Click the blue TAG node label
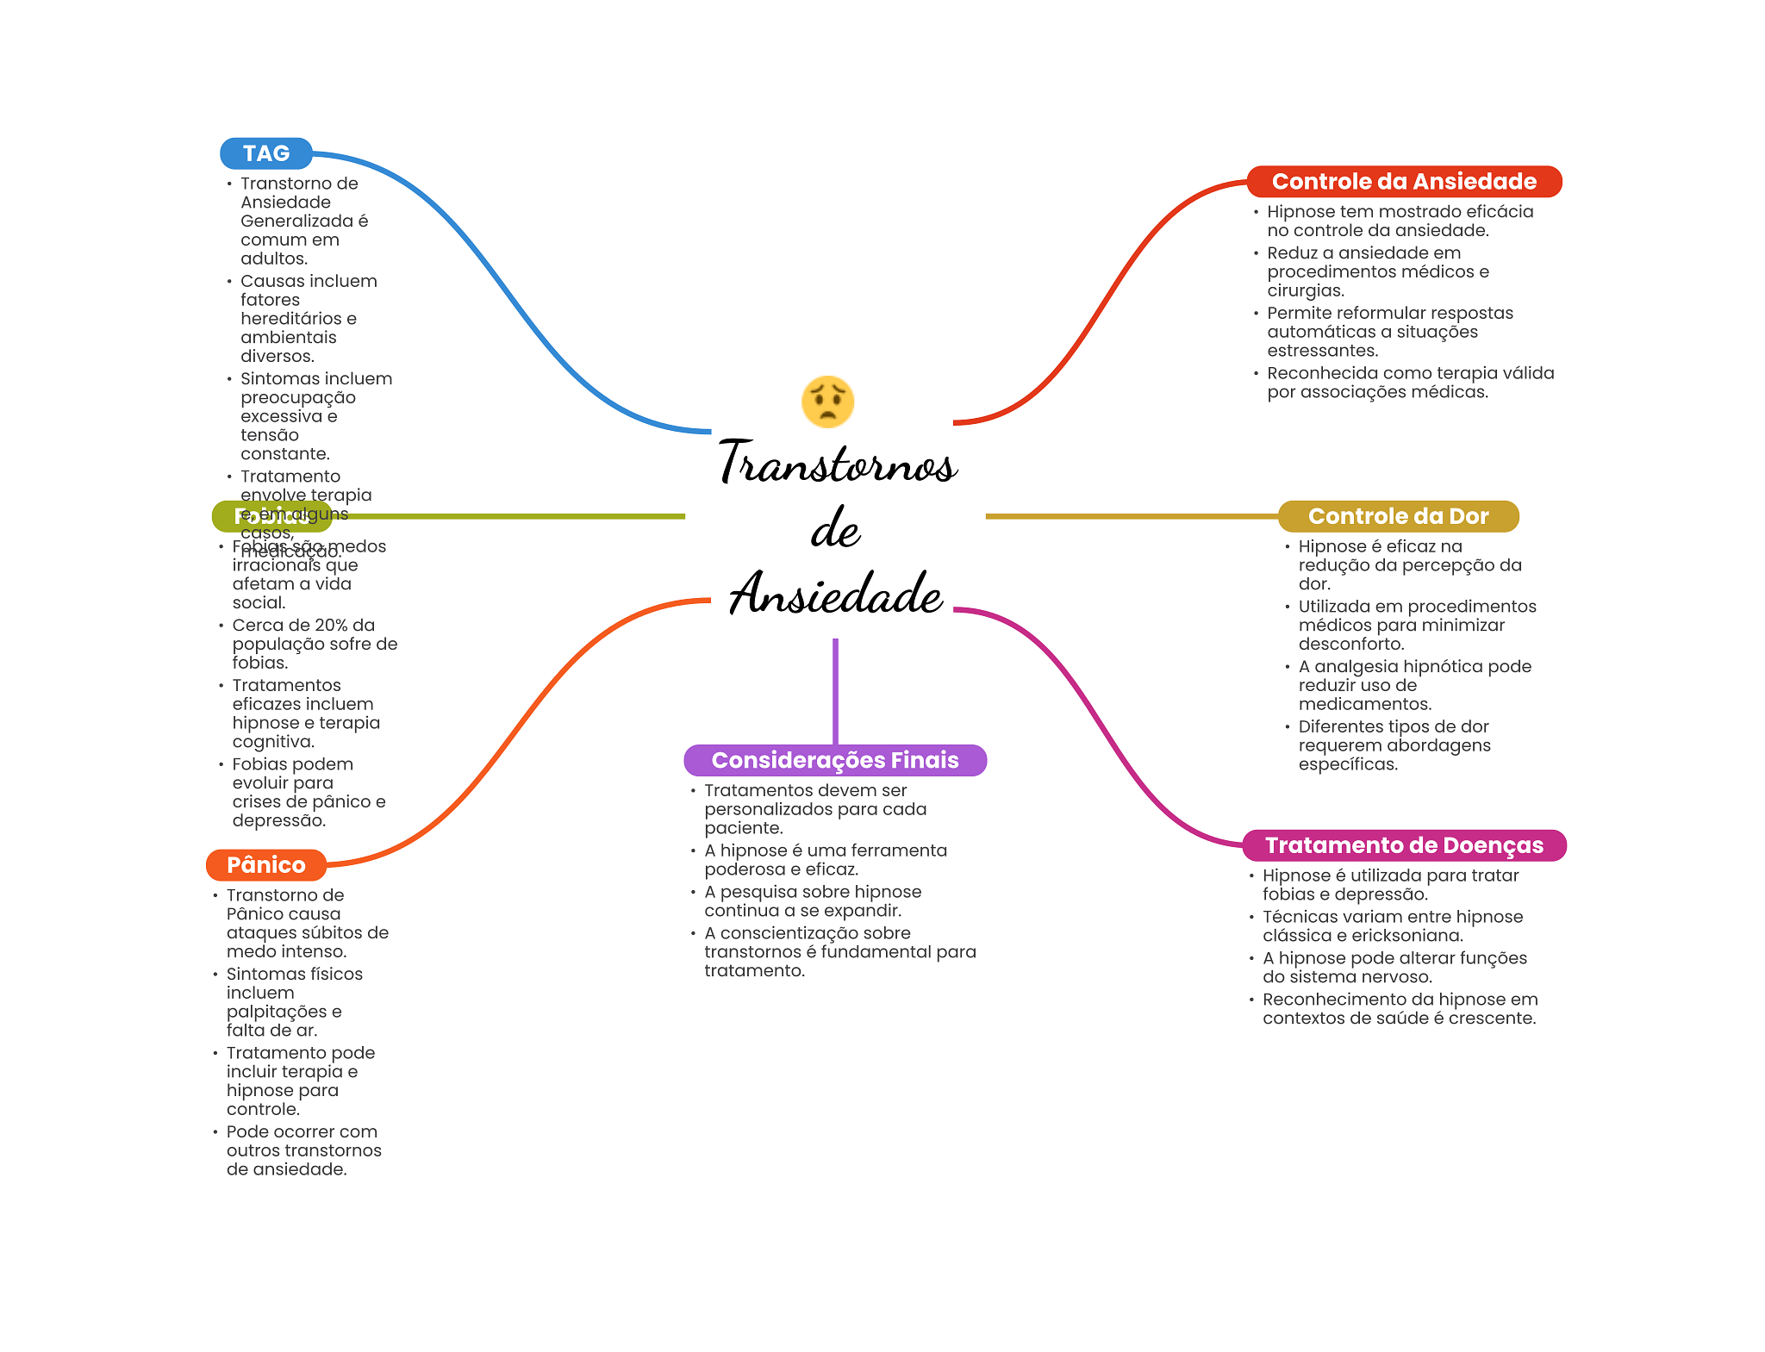(265, 153)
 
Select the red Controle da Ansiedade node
(1403, 182)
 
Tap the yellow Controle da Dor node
(1397, 516)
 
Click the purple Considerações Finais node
(834, 760)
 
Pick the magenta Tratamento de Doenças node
(1403, 845)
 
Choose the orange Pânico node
(265, 864)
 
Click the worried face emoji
(827, 402)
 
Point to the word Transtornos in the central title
(837, 463)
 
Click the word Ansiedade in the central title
(835, 594)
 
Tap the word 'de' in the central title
(835, 528)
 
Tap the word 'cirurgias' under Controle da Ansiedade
(1305, 290)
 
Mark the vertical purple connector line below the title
(835, 689)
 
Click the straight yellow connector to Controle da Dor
(1129, 516)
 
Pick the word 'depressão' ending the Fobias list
(278, 820)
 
